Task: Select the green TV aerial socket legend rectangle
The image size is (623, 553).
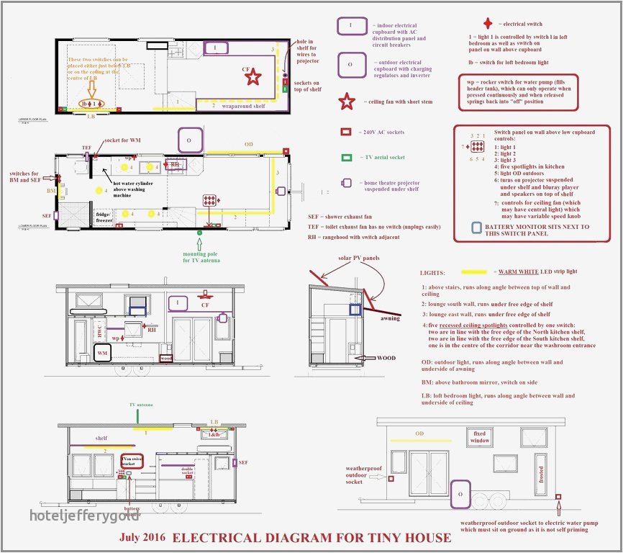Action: pyautogui.click(x=346, y=157)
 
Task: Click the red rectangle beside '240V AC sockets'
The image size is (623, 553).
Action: pyautogui.click(x=346, y=132)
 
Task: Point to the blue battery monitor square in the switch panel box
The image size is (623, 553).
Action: pyautogui.click(x=477, y=228)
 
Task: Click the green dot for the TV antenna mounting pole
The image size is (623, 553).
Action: pyautogui.click(x=199, y=233)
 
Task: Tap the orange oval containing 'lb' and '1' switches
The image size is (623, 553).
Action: pyautogui.click(x=91, y=104)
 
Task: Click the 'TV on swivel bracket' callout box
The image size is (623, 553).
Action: pyautogui.click(x=132, y=462)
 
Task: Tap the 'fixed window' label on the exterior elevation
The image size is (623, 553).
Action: pyautogui.click(x=480, y=436)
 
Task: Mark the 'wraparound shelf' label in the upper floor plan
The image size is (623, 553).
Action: pyautogui.click(x=242, y=105)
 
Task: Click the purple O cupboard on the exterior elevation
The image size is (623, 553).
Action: pyautogui.click(x=460, y=495)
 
